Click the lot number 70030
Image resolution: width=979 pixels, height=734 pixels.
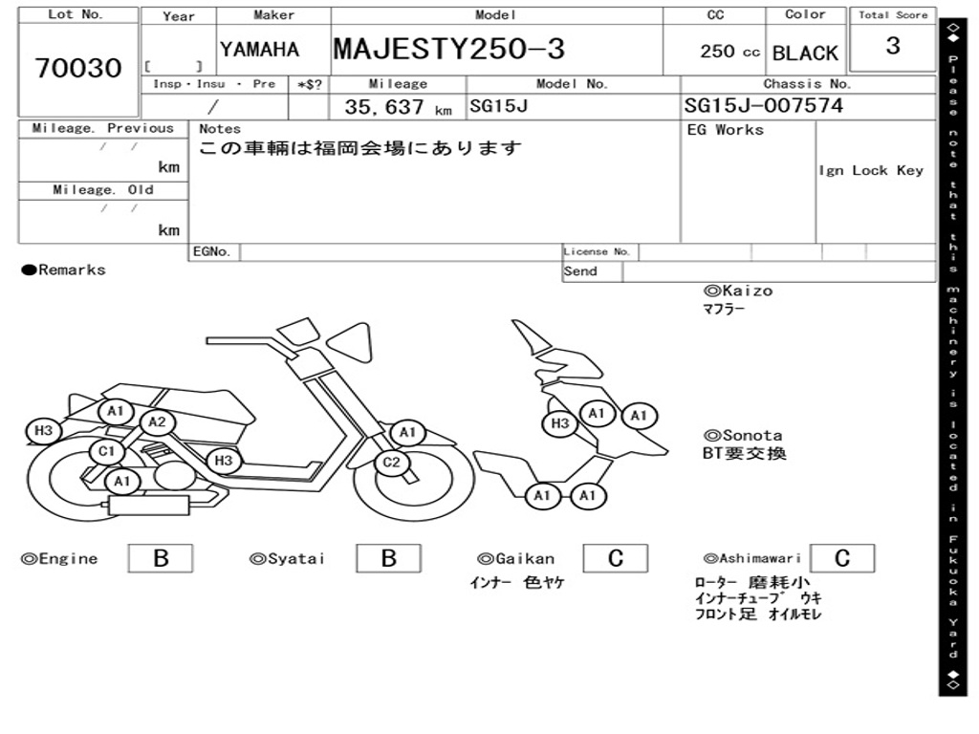[x=78, y=68]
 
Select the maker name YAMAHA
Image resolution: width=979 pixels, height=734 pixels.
[x=259, y=50]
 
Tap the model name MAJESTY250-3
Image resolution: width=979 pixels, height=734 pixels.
[x=448, y=49]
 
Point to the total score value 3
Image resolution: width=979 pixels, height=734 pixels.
[x=892, y=46]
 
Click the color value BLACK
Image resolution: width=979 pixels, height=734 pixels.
[x=805, y=54]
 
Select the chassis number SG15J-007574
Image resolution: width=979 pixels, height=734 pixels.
[x=763, y=105]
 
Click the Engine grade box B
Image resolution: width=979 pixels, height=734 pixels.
[x=160, y=558]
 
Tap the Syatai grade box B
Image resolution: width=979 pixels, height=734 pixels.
[x=388, y=558]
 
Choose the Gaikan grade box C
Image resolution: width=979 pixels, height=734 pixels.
[x=615, y=558]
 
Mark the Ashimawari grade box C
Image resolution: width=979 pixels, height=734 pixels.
[x=841, y=558]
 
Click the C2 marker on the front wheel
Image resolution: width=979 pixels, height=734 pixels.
[x=391, y=464]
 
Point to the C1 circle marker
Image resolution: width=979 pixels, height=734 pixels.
[x=106, y=451]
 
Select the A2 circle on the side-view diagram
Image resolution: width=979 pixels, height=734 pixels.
[x=157, y=422]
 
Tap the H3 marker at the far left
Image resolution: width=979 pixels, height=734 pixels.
[x=43, y=431]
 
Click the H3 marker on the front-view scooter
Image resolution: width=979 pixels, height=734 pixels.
[x=560, y=423]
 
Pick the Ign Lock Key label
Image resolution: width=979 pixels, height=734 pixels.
[x=870, y=170]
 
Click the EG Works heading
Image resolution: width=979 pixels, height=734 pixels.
[x=726, y=130]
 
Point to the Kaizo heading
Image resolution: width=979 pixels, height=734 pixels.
[x=738, y=291]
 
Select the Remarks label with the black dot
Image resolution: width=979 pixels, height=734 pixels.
[x=63, y=270]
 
